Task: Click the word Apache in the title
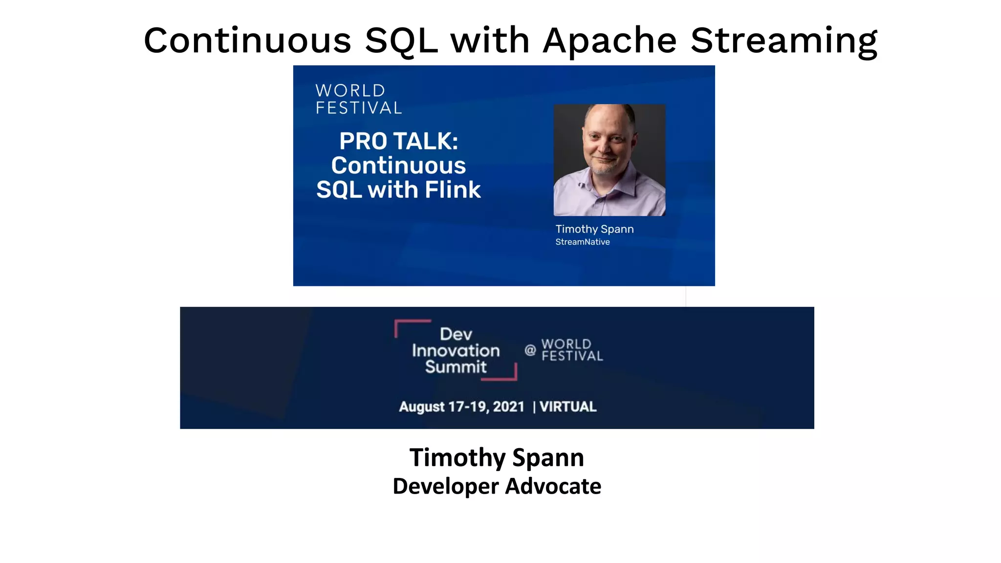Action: (x=609, y=41)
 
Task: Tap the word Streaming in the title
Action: (x=784, y=41)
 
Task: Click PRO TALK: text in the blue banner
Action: (x=399, y=141)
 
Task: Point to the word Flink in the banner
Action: (x=453, y=190)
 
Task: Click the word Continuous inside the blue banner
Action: (x=398, y=165)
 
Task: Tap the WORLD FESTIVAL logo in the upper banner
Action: (x=358, y=99)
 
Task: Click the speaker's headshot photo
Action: (x=609, y=160)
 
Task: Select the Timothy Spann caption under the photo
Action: (x=594, y=229)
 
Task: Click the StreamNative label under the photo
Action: (x=582, y=242)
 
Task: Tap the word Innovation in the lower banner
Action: (x=456, y=350)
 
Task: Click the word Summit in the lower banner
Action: (x=456, y=367)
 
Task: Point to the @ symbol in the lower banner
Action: (x=530, y=350)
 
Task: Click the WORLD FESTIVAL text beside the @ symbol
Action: (x=571, y=350)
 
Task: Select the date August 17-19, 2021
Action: (x=461, y=407)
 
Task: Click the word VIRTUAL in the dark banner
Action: (x=568, y=407)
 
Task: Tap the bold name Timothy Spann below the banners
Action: (x=497, y=457)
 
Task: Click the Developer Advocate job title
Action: (x=497, y=486)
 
